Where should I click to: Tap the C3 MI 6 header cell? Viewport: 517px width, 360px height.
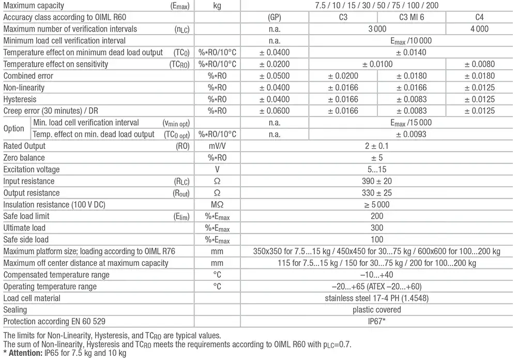[412, 17]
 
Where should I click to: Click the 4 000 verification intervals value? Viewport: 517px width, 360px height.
[479, 29]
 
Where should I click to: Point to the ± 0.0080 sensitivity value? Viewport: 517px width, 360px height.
[479, 64]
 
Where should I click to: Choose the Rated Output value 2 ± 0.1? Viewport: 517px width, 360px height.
[377, 146]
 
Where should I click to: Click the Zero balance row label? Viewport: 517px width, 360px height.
[24, 158]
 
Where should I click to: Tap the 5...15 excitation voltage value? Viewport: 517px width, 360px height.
[377, 170]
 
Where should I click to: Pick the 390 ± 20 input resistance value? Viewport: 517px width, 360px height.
[377, 181]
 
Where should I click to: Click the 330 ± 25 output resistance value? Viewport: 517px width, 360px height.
[377, 193]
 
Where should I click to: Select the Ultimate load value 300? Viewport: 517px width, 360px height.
[377, 228]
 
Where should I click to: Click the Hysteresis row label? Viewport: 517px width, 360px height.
[20, 99]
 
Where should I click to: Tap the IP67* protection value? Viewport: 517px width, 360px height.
[377, 321]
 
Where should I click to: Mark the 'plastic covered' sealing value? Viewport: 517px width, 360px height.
[377, 310]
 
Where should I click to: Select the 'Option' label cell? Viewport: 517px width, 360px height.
[14, 128]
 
